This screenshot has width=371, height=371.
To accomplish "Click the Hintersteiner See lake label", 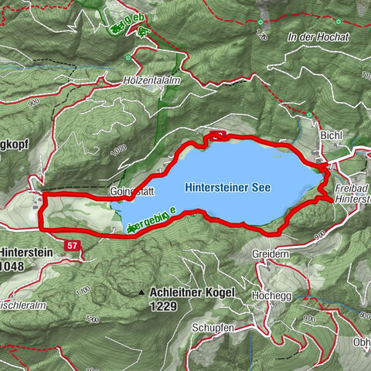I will click(234, 187).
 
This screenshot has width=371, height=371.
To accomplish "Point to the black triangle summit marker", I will click(141, 293).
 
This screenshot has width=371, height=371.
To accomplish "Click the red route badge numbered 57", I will click(73, 245).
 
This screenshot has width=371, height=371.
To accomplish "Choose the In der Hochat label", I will click(317, 37).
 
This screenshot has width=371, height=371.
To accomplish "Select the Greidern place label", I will click(270, 254).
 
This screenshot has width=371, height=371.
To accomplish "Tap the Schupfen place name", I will click(216, 328).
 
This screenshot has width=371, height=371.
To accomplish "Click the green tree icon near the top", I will click(142, 32).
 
